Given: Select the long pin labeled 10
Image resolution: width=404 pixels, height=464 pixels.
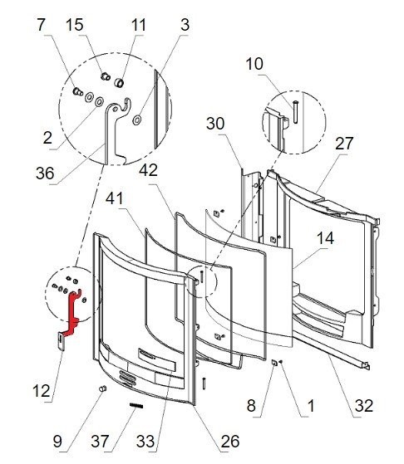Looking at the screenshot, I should [x=293, y=109].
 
